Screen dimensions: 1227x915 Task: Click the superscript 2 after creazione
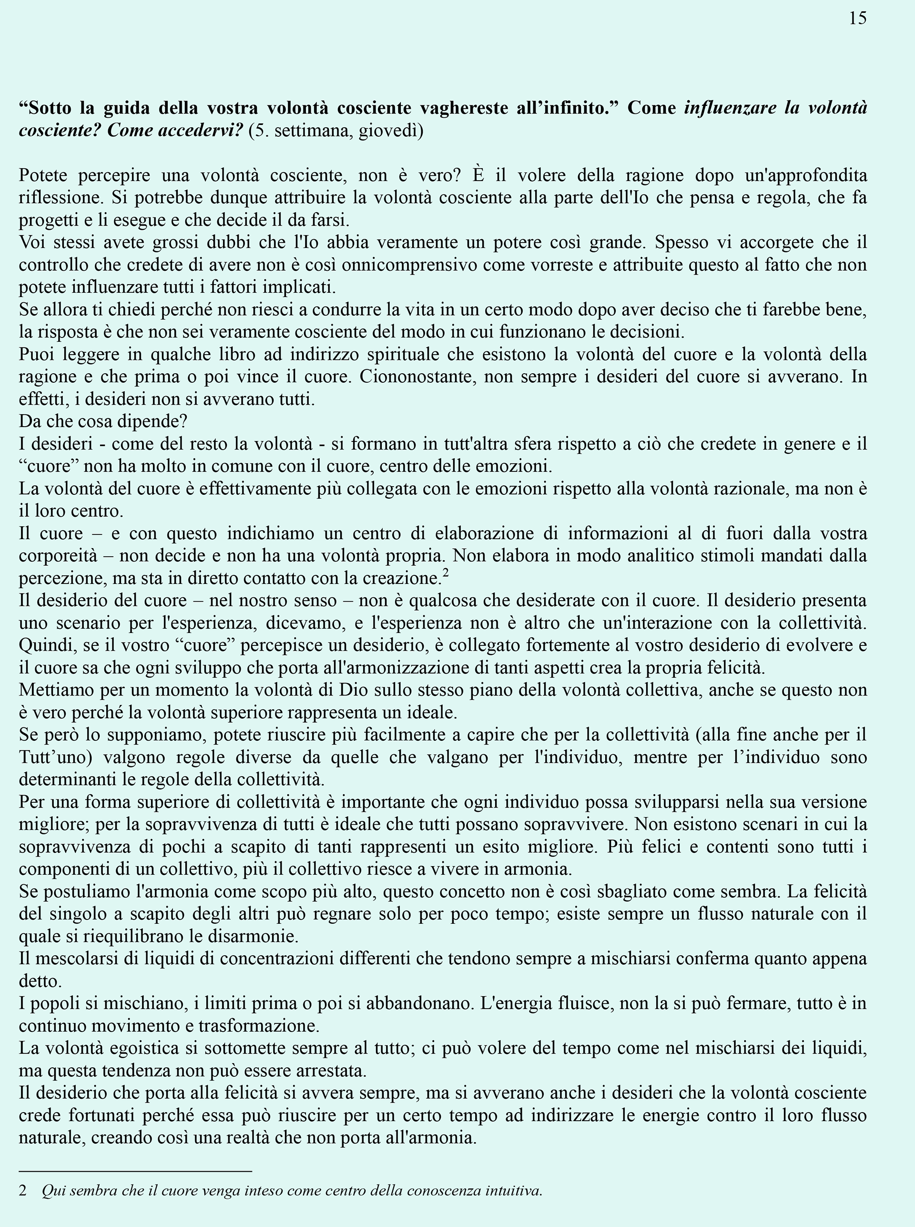point(446,573)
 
